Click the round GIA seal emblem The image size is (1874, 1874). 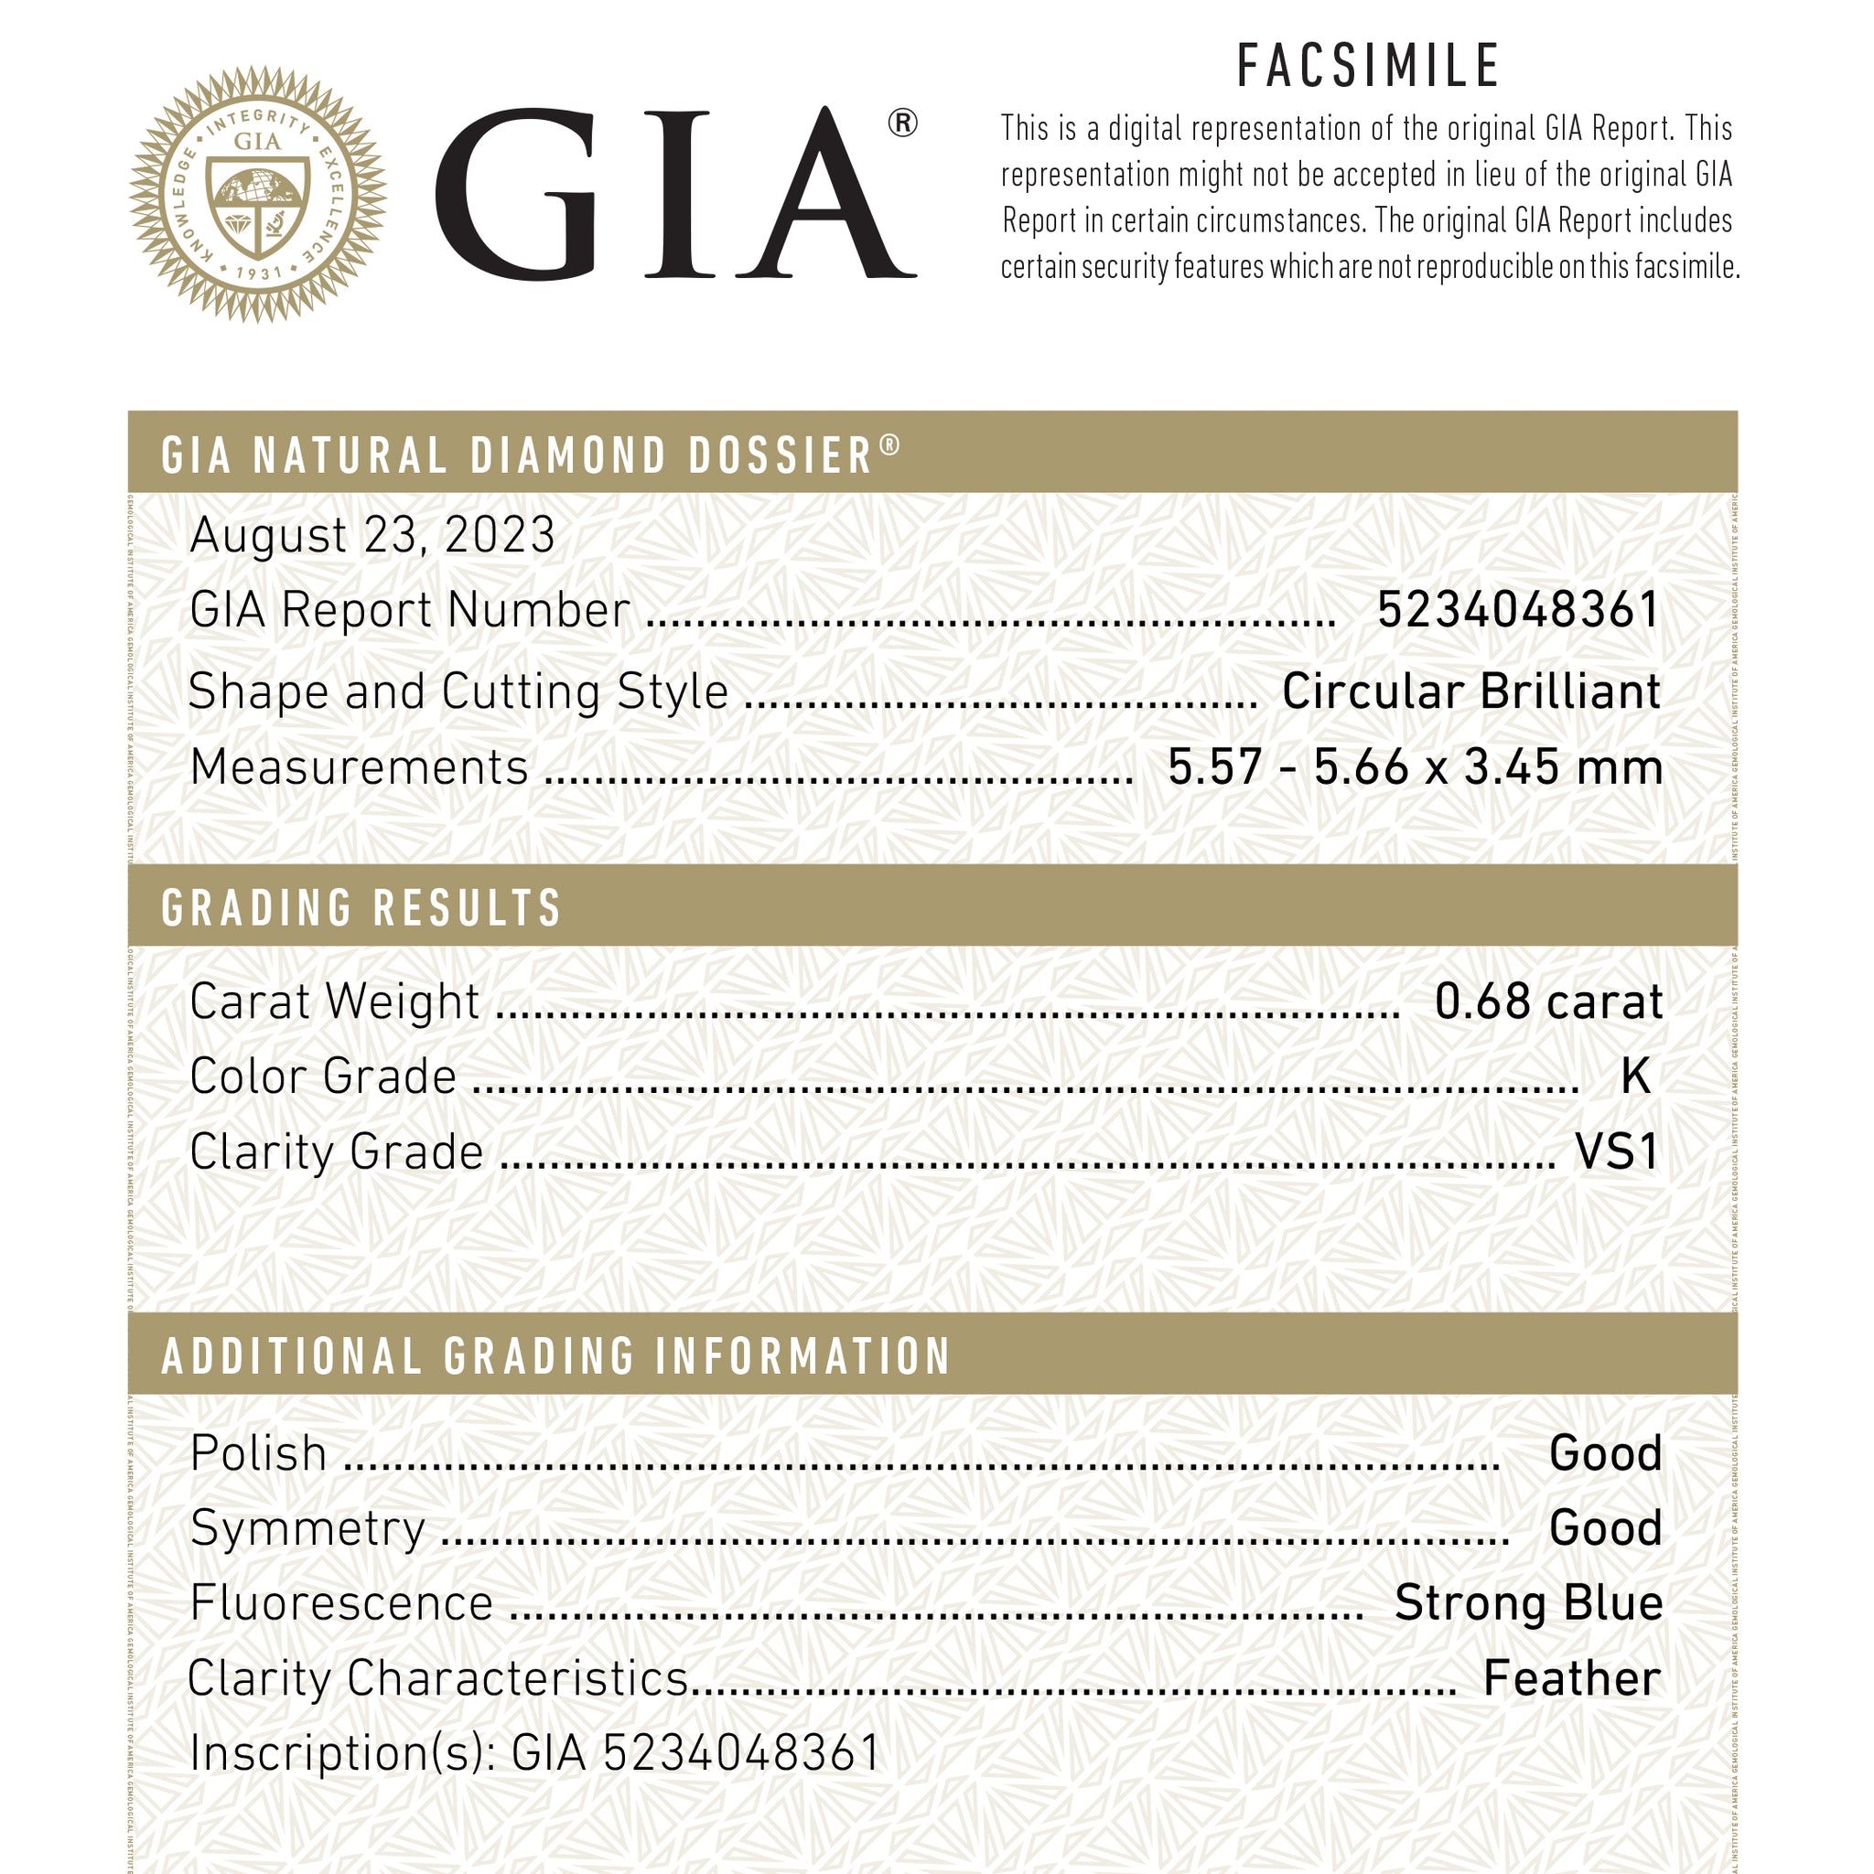pyautogui.click(x=258, y=194)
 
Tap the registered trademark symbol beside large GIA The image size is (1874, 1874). pyautogui.click(x=901, y=124)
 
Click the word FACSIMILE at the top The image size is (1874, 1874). pyautogui.click(x=1368, y=66)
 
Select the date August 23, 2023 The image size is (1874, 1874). pyautogui.click(x=372, y=534)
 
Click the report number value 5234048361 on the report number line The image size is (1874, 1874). pyautogui.click(x=1518, y=610)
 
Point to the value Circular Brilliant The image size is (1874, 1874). pyautogui.click(x=1471, y=691)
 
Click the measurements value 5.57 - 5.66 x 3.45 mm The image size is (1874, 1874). pyautogui.click(x=1415, y=767)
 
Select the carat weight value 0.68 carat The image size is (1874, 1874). pyautogui.click(x=1548, y=1001)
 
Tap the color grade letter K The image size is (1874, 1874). pyautogui.click(x=1635, y=1076)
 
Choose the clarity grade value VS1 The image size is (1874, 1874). pyautogui.click(x=1616, y=1151)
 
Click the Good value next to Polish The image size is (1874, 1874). pyautogui.click(x=1605, y=1453)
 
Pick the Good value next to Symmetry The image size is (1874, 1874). pyautogui.click(x=1605, y=1527)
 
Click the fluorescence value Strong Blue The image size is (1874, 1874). pyautogui.click(x=1528, y=1602)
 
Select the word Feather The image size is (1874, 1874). pyautogui.click(x=1571, y=1678)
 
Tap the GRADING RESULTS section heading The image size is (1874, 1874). pyautogui.click(x=361, y=908)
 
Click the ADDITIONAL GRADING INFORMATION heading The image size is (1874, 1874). pyautogui.click(x=556, y=1356)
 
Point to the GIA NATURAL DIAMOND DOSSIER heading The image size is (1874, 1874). pyautogui.click(x=530, y=455)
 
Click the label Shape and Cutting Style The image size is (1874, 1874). pyautogui.click(x=458, y=691)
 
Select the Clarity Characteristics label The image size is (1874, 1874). pyautogui.click(x=437, y=1678)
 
